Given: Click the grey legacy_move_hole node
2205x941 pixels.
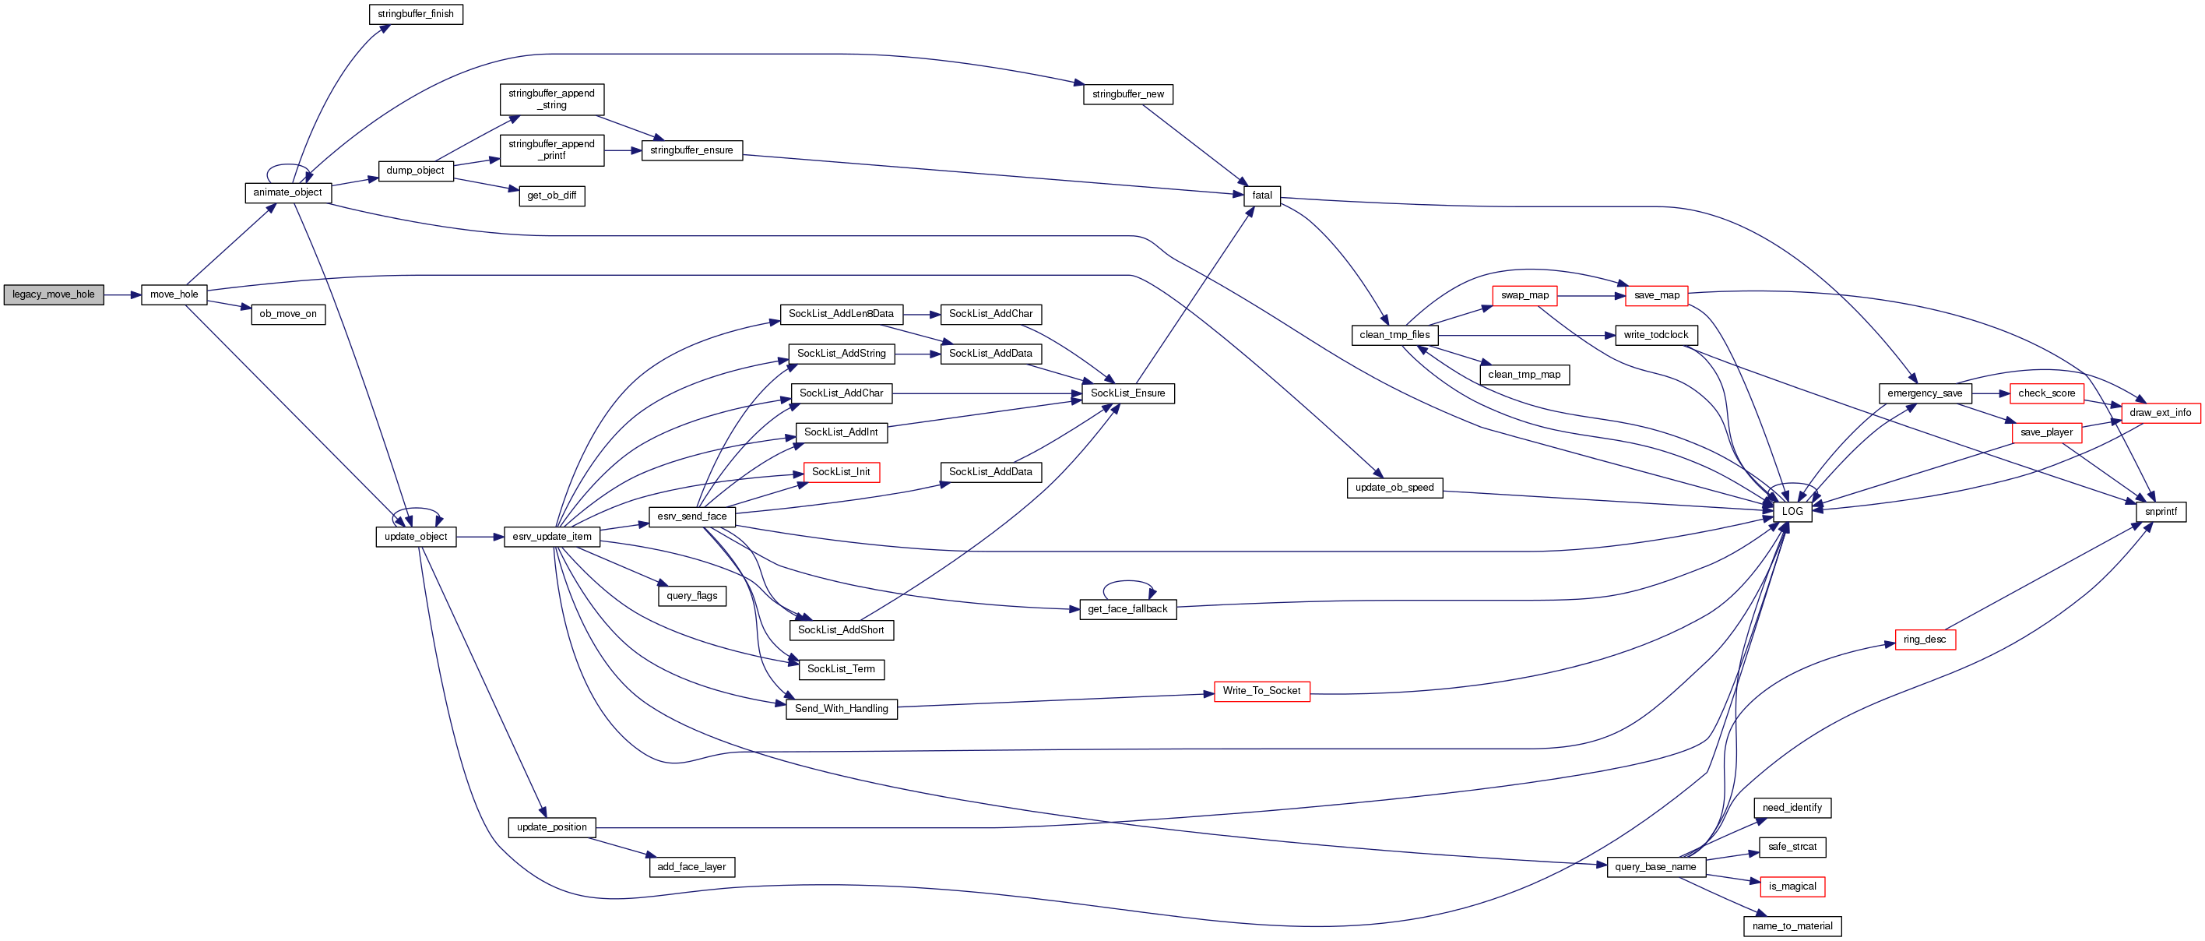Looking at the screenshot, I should [x=53, y=294].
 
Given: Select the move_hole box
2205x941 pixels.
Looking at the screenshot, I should [x=174, y=294].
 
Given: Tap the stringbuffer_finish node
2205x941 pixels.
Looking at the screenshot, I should [x=415, y=15].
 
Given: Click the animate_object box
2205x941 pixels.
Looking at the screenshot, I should [x=287, y=192].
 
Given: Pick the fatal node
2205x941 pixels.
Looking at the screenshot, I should [x=1261, y=196].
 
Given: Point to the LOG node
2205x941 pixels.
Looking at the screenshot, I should [x=1792, y=511].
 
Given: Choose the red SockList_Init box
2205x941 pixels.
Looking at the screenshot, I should [x=841, y=472].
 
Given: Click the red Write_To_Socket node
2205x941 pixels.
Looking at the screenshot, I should [x=1261, y=691].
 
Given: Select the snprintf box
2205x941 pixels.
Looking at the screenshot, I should [x=2161, y=511].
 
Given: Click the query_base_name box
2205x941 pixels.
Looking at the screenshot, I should [x=1655, y=866].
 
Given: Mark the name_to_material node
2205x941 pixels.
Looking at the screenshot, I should [x=1792, y=925].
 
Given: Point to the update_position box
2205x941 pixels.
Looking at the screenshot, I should [x=551, y=827].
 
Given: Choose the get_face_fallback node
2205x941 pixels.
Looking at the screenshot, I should [x=1127, y=609].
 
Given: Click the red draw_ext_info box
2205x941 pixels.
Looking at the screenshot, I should [x=2160, y=413].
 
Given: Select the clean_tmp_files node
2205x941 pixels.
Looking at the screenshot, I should [x=1394, y=335].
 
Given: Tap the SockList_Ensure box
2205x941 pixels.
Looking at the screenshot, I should [x=1127, y=393].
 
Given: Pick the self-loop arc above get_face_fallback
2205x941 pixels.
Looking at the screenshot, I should [x=1127, y=582].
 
